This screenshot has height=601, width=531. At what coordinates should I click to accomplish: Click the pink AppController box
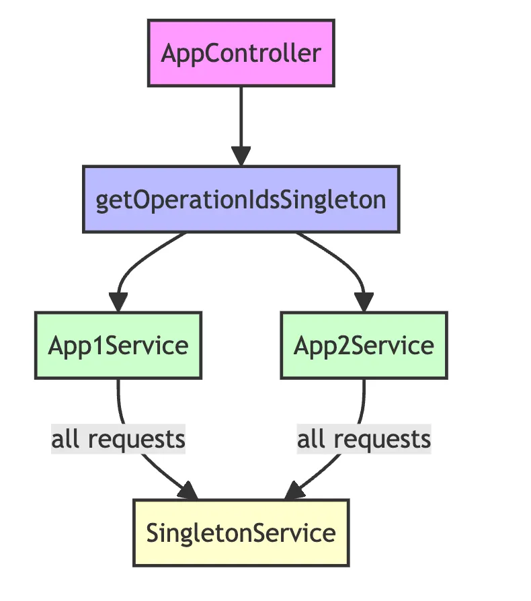(x=241, y=53)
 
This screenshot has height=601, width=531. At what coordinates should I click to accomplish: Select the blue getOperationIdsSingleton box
(x=241, y=200)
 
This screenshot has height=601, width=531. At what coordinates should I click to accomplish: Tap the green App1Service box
(x=118, y=346)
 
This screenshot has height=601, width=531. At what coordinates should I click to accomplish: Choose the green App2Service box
(x=364, y=346)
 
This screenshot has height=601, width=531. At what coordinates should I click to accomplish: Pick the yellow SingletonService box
(x=241, y=532)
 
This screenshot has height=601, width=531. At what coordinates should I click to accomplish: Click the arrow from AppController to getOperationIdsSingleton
(x=241, y=121)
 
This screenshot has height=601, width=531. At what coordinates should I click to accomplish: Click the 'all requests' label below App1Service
(x=118, y=439)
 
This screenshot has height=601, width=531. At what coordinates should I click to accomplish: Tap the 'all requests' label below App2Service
(x=364, y=439)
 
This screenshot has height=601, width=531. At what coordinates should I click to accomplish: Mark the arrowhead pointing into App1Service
(x=118, y=303)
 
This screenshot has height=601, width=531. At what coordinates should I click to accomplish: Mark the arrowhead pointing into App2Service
(x=364, y=303)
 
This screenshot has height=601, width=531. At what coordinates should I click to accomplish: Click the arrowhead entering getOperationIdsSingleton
(x=241, y=157)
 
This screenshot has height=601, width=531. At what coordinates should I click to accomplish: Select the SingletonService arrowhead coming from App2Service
(x=294, y=491)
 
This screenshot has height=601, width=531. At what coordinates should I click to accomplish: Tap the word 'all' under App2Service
(x=310, y=439)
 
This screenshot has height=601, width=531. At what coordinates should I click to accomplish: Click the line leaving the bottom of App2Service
(x=363, y=400)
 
